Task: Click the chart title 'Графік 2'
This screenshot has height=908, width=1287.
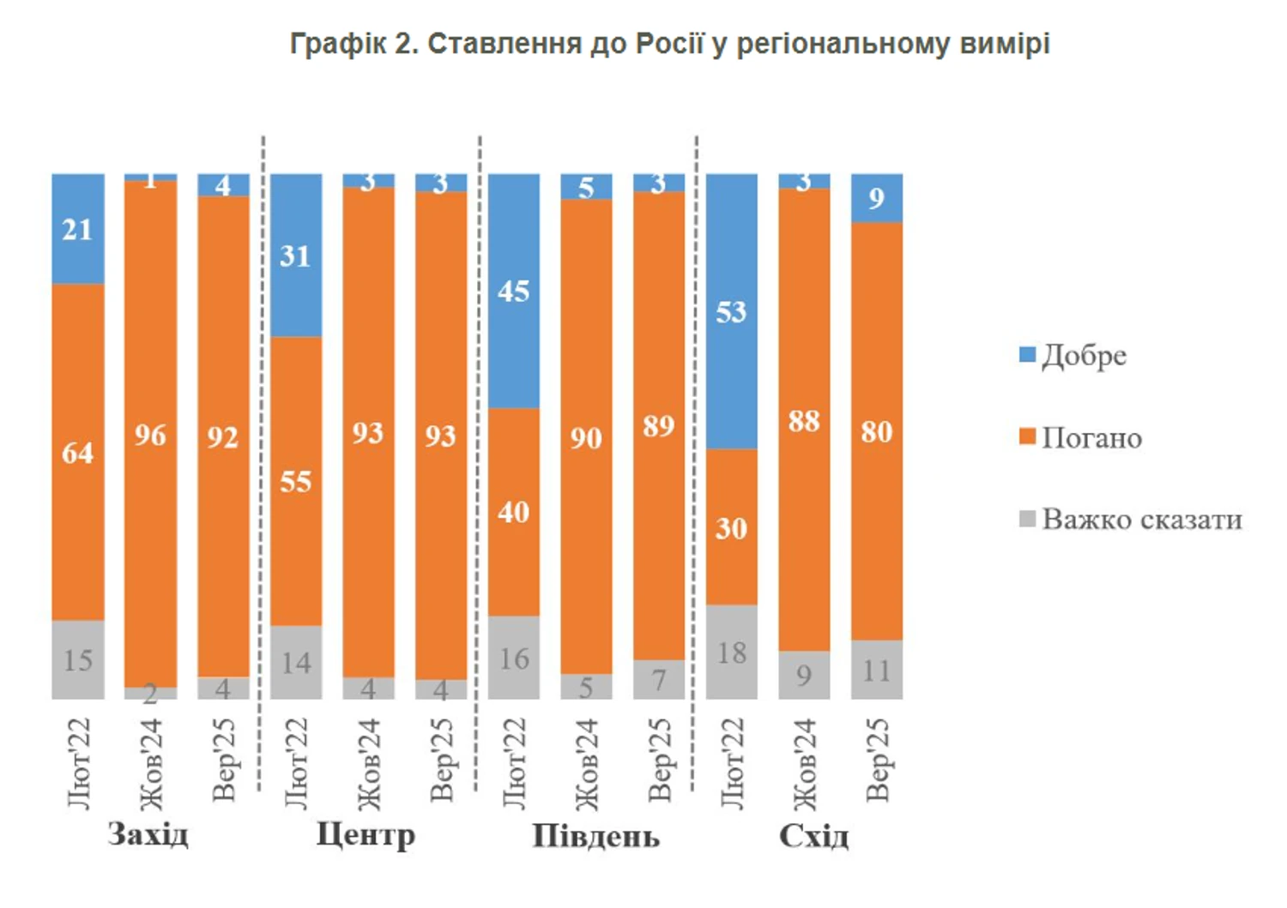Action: coord(669,44)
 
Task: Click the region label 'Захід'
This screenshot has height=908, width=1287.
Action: coord(148,834)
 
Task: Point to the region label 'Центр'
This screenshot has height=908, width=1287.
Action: coord(366,834)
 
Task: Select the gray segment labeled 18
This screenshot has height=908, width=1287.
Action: coord(731,652)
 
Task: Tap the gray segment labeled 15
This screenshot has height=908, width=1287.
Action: coord(77,659)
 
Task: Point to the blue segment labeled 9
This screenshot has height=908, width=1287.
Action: coord(876,198)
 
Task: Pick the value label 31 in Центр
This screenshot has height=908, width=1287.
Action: coord(295,256)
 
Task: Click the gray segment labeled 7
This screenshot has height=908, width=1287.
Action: coord(659,680)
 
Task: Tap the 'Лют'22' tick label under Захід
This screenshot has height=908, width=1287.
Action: coord(78,763)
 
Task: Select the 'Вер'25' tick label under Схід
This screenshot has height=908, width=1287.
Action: coord(877,761)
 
